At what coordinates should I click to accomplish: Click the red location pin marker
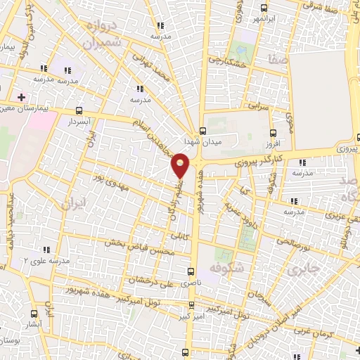click(x=181, y=166)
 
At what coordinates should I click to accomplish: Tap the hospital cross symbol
click(x=22, y=96)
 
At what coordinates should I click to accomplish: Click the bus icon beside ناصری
click(x=193, y=271)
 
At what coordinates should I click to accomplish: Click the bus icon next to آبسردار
click(x=79, y=111)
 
